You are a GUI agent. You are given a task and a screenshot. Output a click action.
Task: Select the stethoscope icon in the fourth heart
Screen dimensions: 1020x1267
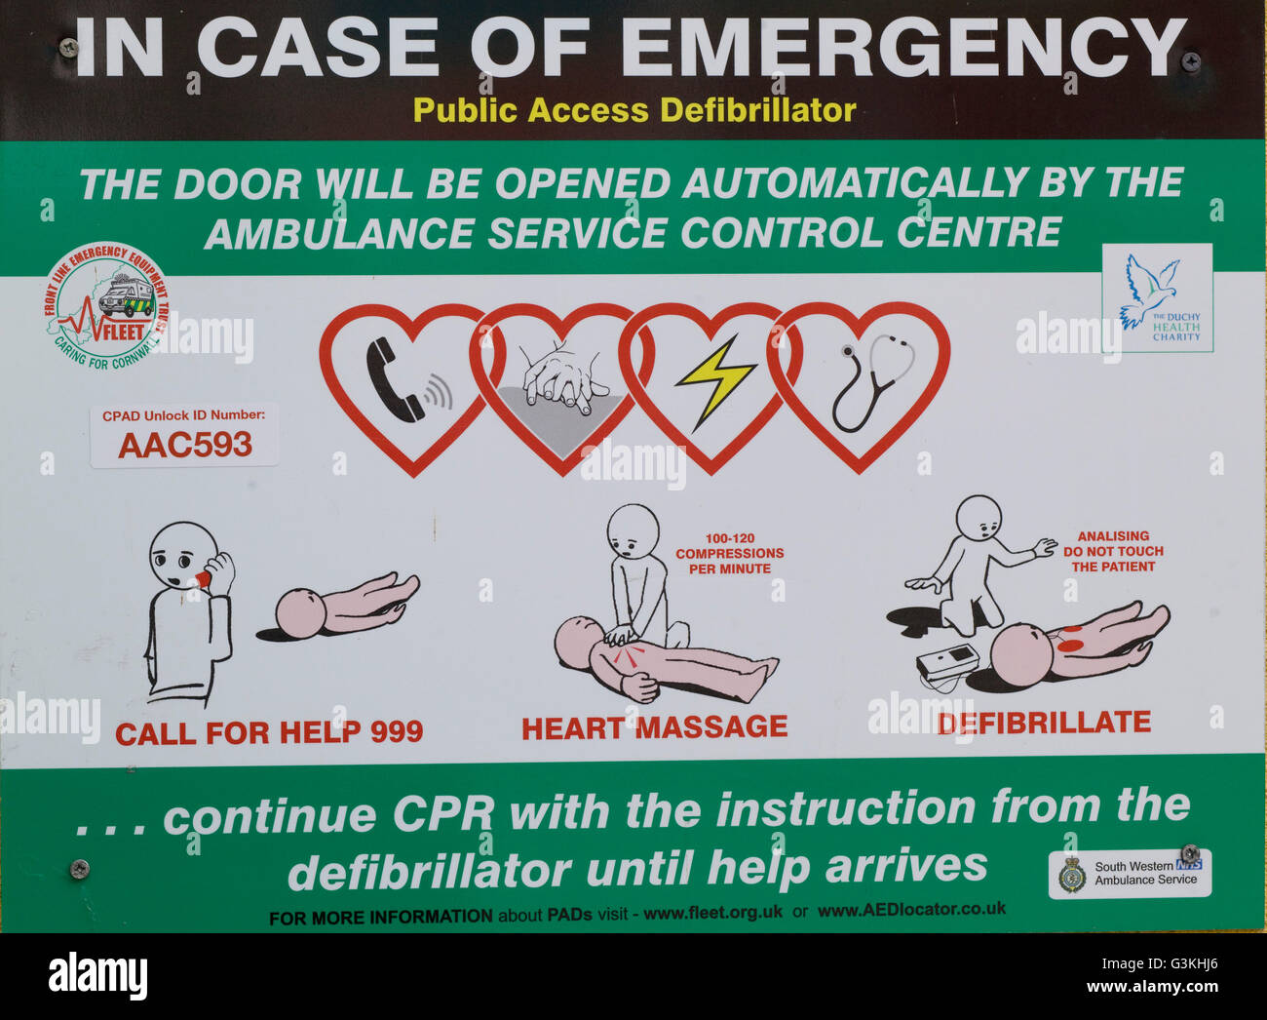(870, 380)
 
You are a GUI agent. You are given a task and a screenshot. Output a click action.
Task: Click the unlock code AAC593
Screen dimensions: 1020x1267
(184, 445)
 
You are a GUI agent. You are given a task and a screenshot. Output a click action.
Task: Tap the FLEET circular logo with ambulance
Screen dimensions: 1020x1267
(105, 304)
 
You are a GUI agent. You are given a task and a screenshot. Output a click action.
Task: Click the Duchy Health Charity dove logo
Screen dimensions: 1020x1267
(1157, 297)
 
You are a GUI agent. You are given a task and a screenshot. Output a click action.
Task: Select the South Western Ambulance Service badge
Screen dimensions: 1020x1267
(1130, 873)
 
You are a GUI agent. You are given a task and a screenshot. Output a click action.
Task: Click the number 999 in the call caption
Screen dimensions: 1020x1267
(396, 732)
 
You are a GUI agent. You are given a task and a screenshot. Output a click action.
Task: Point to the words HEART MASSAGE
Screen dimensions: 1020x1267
(654, 727)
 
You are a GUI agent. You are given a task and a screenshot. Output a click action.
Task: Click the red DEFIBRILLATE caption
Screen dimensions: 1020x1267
(1044, 723)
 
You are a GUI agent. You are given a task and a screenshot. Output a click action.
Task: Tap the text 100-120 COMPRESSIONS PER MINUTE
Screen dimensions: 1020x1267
(729, 554)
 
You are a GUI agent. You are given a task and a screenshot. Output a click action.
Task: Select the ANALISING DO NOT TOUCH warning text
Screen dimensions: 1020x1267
(1112, 551)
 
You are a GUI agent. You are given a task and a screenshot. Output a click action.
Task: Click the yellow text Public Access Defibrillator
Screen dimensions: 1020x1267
(633, 110)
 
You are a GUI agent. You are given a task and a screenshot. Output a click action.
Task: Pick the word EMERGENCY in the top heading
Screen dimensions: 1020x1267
(902, 49)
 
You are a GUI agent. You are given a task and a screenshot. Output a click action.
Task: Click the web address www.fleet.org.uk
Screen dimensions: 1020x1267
(712, 914)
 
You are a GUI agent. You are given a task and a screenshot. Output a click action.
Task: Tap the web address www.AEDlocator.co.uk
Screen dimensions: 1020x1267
(911, 910)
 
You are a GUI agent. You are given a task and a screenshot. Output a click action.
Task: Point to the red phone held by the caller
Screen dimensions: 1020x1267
(202, 579)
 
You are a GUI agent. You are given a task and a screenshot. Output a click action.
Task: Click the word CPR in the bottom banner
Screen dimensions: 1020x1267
(442, 812)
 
